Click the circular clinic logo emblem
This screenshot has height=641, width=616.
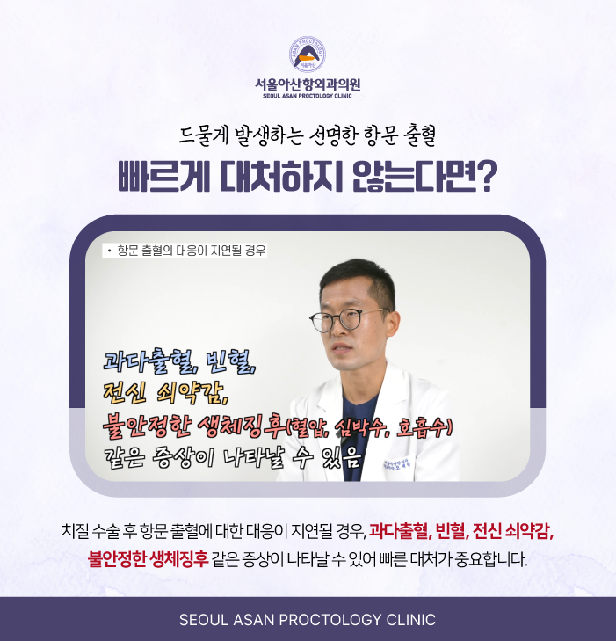pos(308,55)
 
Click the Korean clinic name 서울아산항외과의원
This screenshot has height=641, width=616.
pos(308,84)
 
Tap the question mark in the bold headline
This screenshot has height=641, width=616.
pos(487,176)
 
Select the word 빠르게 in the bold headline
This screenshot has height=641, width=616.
pos(163,176)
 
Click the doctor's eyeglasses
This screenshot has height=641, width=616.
pos(348,318)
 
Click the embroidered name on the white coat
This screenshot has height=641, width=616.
pos(398,464)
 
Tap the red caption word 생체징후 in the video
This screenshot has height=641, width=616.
pos(242,426)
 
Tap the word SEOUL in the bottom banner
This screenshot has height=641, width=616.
pos(204,620)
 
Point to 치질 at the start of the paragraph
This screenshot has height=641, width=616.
pos(75,530)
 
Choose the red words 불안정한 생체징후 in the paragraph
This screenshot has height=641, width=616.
pos(149,559)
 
